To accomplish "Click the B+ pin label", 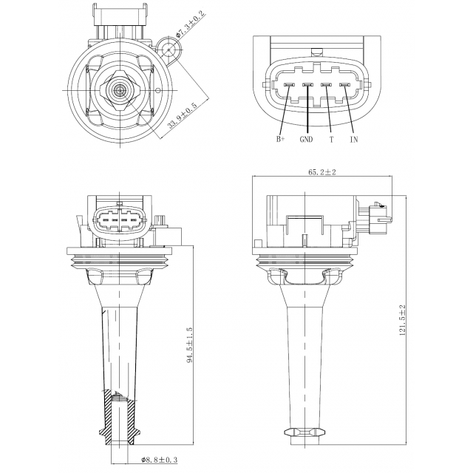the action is click(280, 139).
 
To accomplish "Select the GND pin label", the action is click(306, 139).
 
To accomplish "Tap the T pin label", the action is click(332, 139).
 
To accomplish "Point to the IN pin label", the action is click(354, 139).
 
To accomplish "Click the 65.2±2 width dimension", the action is click(322, 172).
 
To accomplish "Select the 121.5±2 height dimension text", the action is click(402, 321).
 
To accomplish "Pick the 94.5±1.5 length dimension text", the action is click(190, 344).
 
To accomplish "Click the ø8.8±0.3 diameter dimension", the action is click(160, 460).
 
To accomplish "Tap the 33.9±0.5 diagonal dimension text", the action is click(182, 115).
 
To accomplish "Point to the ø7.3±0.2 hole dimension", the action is click(191, 24).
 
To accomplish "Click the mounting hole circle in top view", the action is click(169, 50).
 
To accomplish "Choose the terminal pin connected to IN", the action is click(344, 85).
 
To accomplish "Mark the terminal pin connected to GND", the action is click(307, 85).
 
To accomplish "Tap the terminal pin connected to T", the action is click(326, 85).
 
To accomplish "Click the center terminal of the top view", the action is click(120, 89).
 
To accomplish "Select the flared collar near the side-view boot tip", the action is click(305, 432).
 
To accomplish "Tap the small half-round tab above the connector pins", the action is click(316, 52).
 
